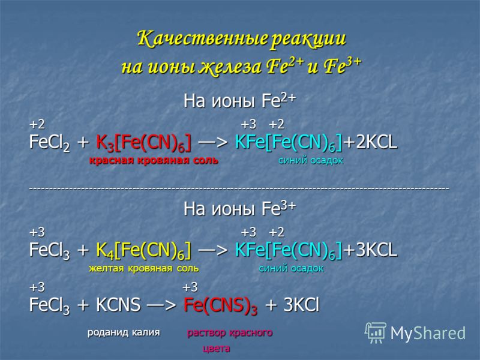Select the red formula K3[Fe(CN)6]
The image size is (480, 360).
tap(143, 143)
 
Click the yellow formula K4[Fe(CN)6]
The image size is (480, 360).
tap(143, 250)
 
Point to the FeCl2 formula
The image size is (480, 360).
tap(49, 143)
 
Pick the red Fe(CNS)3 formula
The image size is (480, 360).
tap(220, 306)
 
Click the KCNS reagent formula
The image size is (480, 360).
tap(118, 305)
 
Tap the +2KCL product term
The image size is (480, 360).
tap(370, 142)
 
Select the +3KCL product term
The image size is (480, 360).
tap(370, 250)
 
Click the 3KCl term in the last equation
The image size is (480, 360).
tap(302, 305)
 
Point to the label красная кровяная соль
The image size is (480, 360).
tap(154, 160)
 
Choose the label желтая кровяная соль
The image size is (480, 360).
tap(144, 268)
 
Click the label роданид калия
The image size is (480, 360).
tap(124, 332)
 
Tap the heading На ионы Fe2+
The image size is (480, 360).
tap(239, 100)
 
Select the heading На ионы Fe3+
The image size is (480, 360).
tap(239, 208)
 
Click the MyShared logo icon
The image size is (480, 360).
tap(376, 333)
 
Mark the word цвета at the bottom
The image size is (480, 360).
tap(216, 349)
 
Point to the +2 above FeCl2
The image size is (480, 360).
tap(37, 125)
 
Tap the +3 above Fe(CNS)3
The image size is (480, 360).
tap(190, 288)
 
